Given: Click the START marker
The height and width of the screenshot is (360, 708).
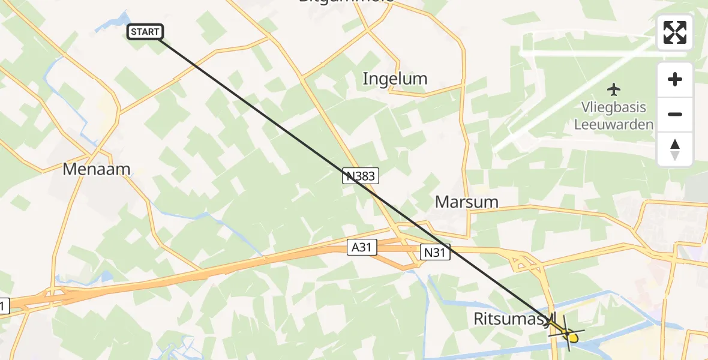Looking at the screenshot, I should point(145,32).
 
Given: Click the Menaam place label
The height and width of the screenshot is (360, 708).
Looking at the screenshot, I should point(97,169).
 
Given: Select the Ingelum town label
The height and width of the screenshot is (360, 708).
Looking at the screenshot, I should point(395,79).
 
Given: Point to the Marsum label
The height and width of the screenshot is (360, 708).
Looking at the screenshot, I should point(467,202).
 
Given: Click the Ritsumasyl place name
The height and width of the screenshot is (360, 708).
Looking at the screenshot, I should point(515,319).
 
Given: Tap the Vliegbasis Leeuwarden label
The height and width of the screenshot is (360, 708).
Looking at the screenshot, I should point(613,116).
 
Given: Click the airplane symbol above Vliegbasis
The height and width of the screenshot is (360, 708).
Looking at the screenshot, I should point(613,90).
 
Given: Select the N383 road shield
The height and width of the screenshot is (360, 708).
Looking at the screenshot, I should point(361,175).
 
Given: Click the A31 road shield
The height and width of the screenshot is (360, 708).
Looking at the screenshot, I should point(362,247).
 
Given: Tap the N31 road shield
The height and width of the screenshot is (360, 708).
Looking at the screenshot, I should point(436,253).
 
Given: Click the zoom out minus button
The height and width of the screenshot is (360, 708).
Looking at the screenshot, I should point(675,114).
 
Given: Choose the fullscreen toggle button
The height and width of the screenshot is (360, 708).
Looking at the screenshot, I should point(675,32).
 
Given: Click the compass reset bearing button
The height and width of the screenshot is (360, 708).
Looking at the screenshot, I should point(675,149).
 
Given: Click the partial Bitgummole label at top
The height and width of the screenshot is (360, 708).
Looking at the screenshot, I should point(346,2).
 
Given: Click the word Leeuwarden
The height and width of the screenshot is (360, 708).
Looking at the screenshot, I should point(613,125).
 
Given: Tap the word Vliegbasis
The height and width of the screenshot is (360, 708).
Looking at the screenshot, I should point(613,107).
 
